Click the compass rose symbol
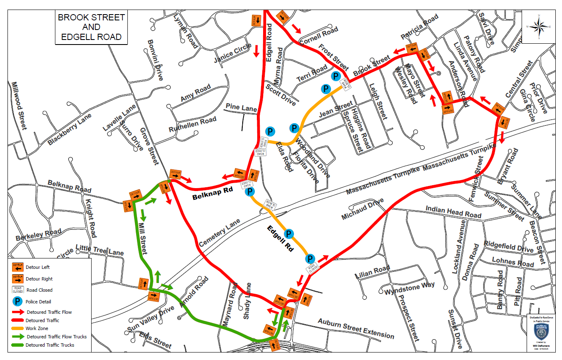539,27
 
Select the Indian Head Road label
453,212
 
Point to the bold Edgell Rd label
280,239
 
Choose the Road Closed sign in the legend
18,290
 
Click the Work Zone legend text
37,328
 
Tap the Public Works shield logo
540,331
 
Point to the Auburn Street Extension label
356,328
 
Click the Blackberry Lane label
69,129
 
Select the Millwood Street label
19,105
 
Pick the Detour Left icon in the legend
18,267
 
